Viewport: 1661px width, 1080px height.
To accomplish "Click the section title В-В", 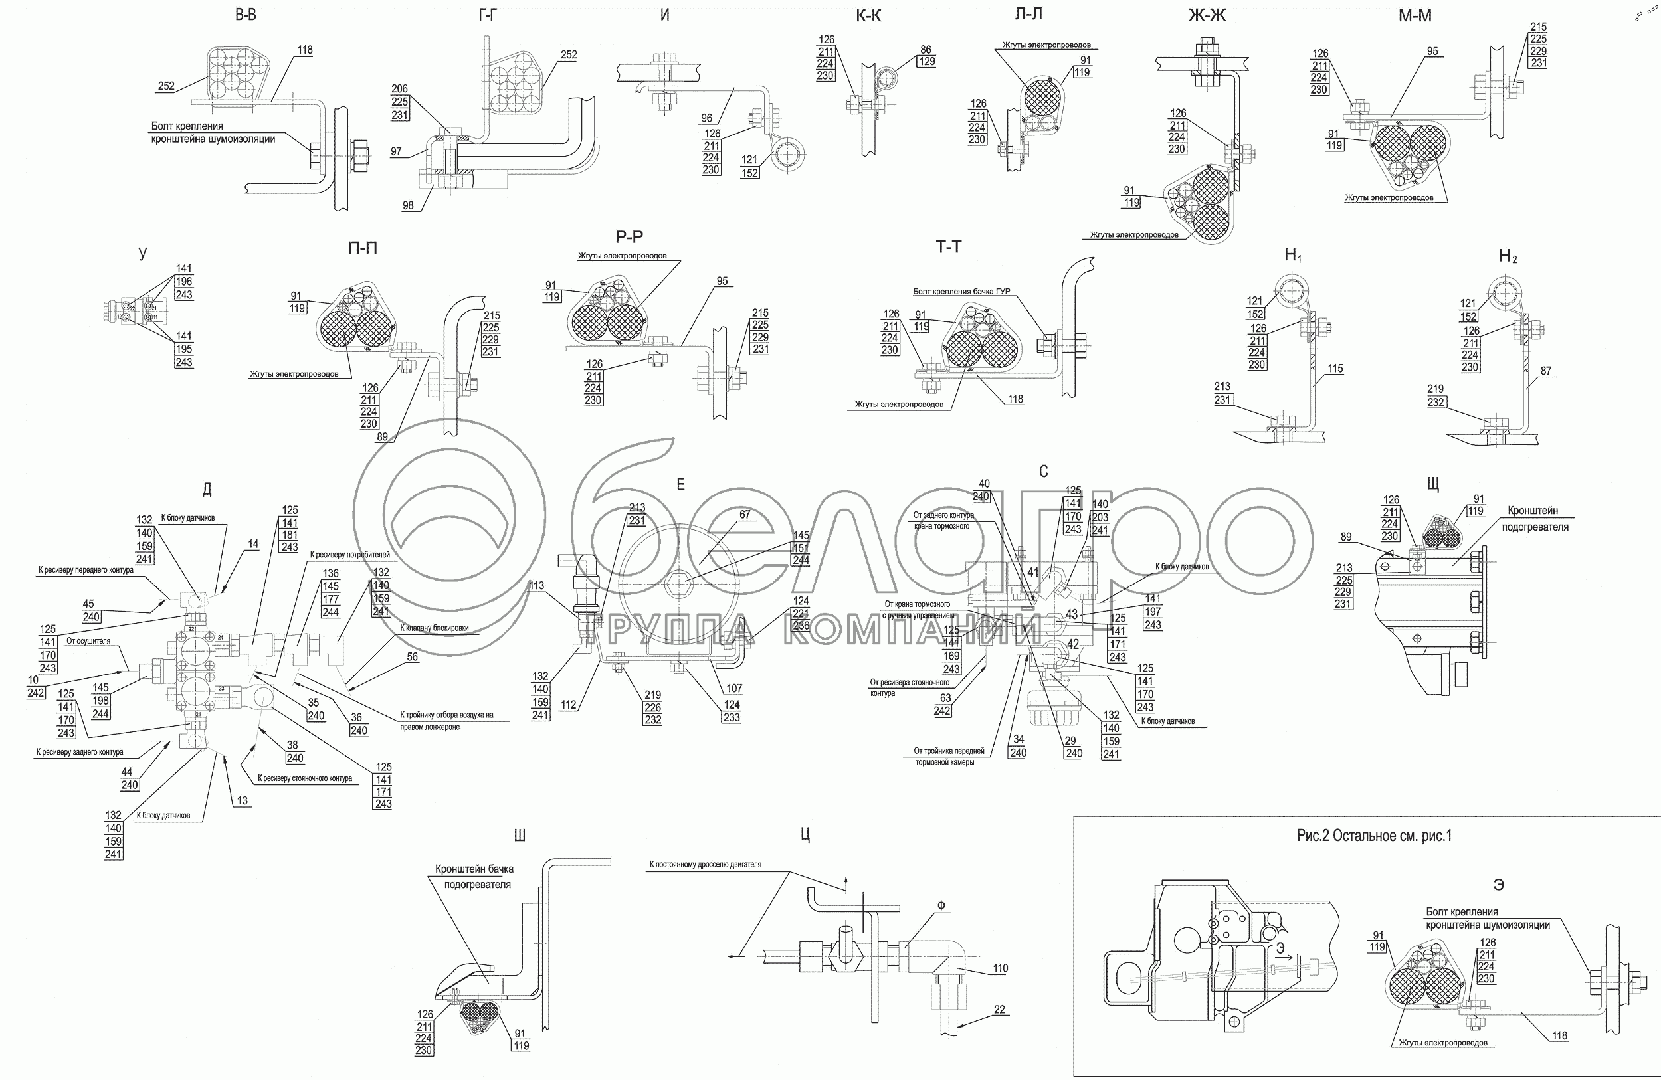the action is pyautogui.click(x=246, y=15).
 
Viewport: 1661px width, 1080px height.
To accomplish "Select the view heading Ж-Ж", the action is pyautogui.click(x=1207, y=15).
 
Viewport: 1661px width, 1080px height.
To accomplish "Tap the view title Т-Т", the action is pyautogui.click(x=949, y=247).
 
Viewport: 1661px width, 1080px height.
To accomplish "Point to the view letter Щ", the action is pyautogui.click(x=1434, y=483).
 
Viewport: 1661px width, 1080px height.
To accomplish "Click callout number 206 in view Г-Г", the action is pyautogui.click(x=399, y=89).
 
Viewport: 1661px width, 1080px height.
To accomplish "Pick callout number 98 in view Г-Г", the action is pyautogui.click(x=408, y=205).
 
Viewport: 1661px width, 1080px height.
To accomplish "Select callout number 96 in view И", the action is pyautogui.click(x=707, y=119).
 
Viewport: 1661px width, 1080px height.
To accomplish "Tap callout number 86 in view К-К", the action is pyautogui.click(x=926, y=50).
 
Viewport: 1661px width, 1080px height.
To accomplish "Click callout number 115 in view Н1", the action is pyautogui.click(x=1335, y=369).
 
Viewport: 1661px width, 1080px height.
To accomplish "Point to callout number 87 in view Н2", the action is pyautogui.click(x=1546, y=371).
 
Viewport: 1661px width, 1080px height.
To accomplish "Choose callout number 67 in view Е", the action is pyautogui.click(x=745, y=515).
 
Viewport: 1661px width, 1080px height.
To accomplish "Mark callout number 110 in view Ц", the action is pyautogui.click(x=1000, y=968).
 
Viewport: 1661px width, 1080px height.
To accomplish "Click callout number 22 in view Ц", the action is pyautogui.click(x=999, y=1010).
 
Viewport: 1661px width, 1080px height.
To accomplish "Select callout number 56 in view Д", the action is pyautogui.click(x=413, y=656).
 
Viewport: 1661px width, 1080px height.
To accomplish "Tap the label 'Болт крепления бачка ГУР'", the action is pyautogui.click(x=961, y=292).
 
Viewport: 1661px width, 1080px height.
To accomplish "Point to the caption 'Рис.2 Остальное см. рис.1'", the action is pyautogui.click(x=1373, y=836).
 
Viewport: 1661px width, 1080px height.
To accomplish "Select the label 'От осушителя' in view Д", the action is pyautogui.click(x=88, y=640).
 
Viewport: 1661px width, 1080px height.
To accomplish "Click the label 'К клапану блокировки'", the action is pyautogui.click(x=434, y=628).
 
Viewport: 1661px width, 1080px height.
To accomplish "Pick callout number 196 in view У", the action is pyautogui.click(x=183, y=281).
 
